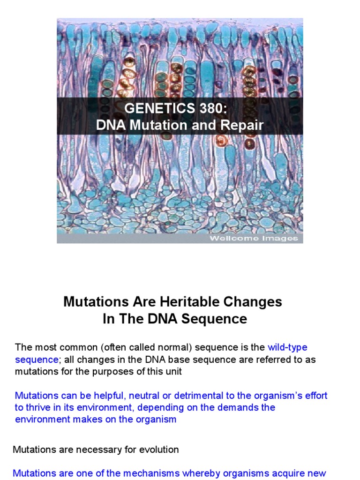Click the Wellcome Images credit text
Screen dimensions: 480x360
point(254,238)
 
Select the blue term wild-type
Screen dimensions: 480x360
point(287,347)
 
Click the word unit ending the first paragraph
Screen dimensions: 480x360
point(173,372)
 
